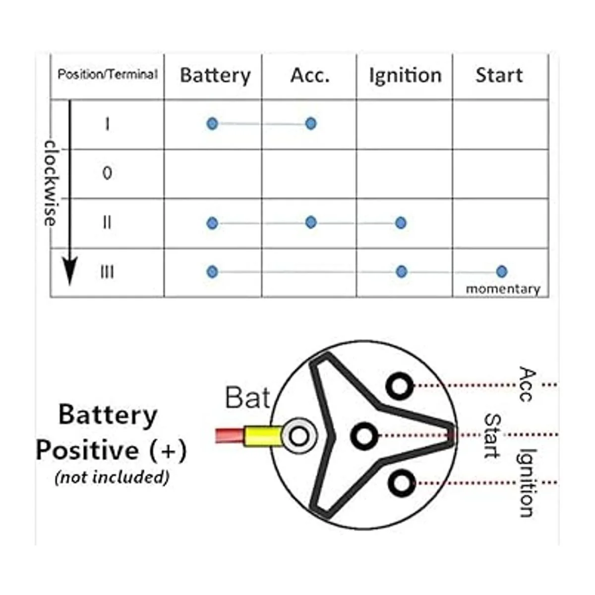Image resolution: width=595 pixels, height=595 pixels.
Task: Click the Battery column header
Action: pos(215,75)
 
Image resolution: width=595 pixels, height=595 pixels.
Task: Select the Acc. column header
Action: pos(310,75)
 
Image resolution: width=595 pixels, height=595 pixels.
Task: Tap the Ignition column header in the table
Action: pos(405,75)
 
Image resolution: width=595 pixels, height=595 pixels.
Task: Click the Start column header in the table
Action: pos(499,75)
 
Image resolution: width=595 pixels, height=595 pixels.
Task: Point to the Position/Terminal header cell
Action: pos(107,74)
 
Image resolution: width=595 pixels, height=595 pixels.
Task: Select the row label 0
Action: pos(107,173)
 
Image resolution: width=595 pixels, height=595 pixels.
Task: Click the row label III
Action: pos(107,272)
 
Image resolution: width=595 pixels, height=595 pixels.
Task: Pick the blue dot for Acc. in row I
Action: pos(311,123)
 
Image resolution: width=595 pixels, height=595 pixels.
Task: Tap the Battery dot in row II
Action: pos(212,223)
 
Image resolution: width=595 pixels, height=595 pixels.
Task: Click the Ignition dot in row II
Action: pos(401,223)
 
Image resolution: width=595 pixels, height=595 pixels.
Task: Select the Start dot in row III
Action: pos(501,271)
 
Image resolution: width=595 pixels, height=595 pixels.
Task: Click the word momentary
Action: pos(503,289)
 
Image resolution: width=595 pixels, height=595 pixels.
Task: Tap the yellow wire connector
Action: pos(262,437)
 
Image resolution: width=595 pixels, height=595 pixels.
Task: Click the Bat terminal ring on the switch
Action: pos(298,436)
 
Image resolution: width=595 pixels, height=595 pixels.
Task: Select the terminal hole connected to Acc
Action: pos(399,385)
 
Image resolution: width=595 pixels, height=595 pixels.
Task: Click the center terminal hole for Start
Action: pos(364,436)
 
